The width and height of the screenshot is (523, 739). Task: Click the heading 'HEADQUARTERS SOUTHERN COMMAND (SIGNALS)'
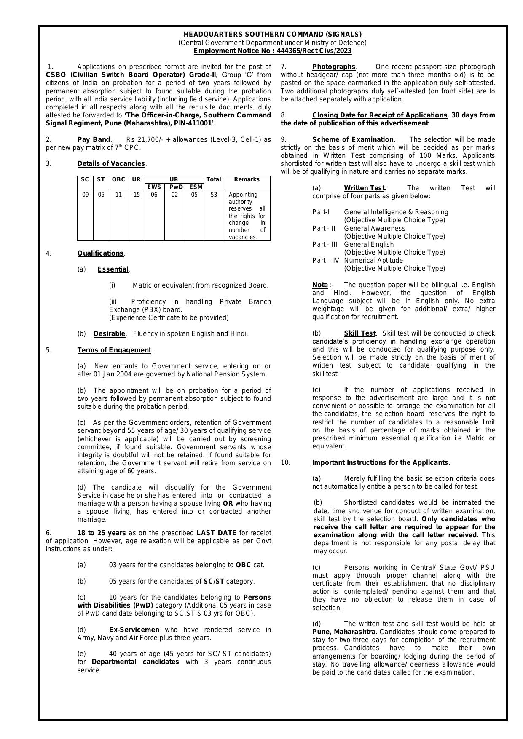point(272,35)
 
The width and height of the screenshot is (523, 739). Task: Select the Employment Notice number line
point(272,51)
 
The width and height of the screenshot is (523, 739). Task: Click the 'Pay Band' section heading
point(94,140)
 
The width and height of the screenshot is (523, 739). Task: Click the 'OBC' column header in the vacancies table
point(118,179)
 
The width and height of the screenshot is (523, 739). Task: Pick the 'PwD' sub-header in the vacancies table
point(174,187)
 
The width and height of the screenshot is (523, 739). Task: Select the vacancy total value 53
point(214,195)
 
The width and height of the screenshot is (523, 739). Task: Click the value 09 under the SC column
point(85,195)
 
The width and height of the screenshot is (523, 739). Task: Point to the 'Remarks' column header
point(247,179)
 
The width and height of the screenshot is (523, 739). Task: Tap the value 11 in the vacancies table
point(118,195)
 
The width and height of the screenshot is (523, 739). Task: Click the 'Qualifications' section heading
point(100,253)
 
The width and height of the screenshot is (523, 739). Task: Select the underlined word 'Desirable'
point(110,334)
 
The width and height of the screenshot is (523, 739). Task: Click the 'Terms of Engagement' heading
point(114,350)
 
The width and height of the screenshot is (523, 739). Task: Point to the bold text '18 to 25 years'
point(102,533)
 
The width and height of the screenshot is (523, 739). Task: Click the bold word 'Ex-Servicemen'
point(134,630)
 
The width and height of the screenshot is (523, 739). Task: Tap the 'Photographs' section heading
point(334,67)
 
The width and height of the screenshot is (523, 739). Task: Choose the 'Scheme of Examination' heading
point(353,140)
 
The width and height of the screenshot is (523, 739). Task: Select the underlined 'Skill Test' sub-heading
point(359,333)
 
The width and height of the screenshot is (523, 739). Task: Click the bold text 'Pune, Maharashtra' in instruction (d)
point(343,632)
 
